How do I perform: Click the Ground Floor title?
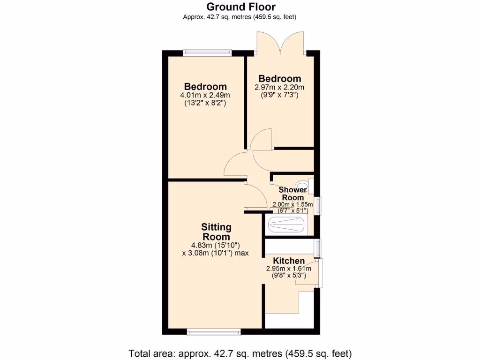241,7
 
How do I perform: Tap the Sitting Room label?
216,232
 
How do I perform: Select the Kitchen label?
289,261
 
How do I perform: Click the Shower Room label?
292,194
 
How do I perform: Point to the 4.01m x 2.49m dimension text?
205,95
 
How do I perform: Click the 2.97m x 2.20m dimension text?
279,87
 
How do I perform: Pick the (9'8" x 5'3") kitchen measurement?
289,276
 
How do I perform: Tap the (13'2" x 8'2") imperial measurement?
205,103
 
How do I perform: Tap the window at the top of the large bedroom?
207,52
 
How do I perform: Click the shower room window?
319,205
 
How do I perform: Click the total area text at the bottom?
240,353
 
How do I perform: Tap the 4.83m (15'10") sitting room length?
215,245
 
